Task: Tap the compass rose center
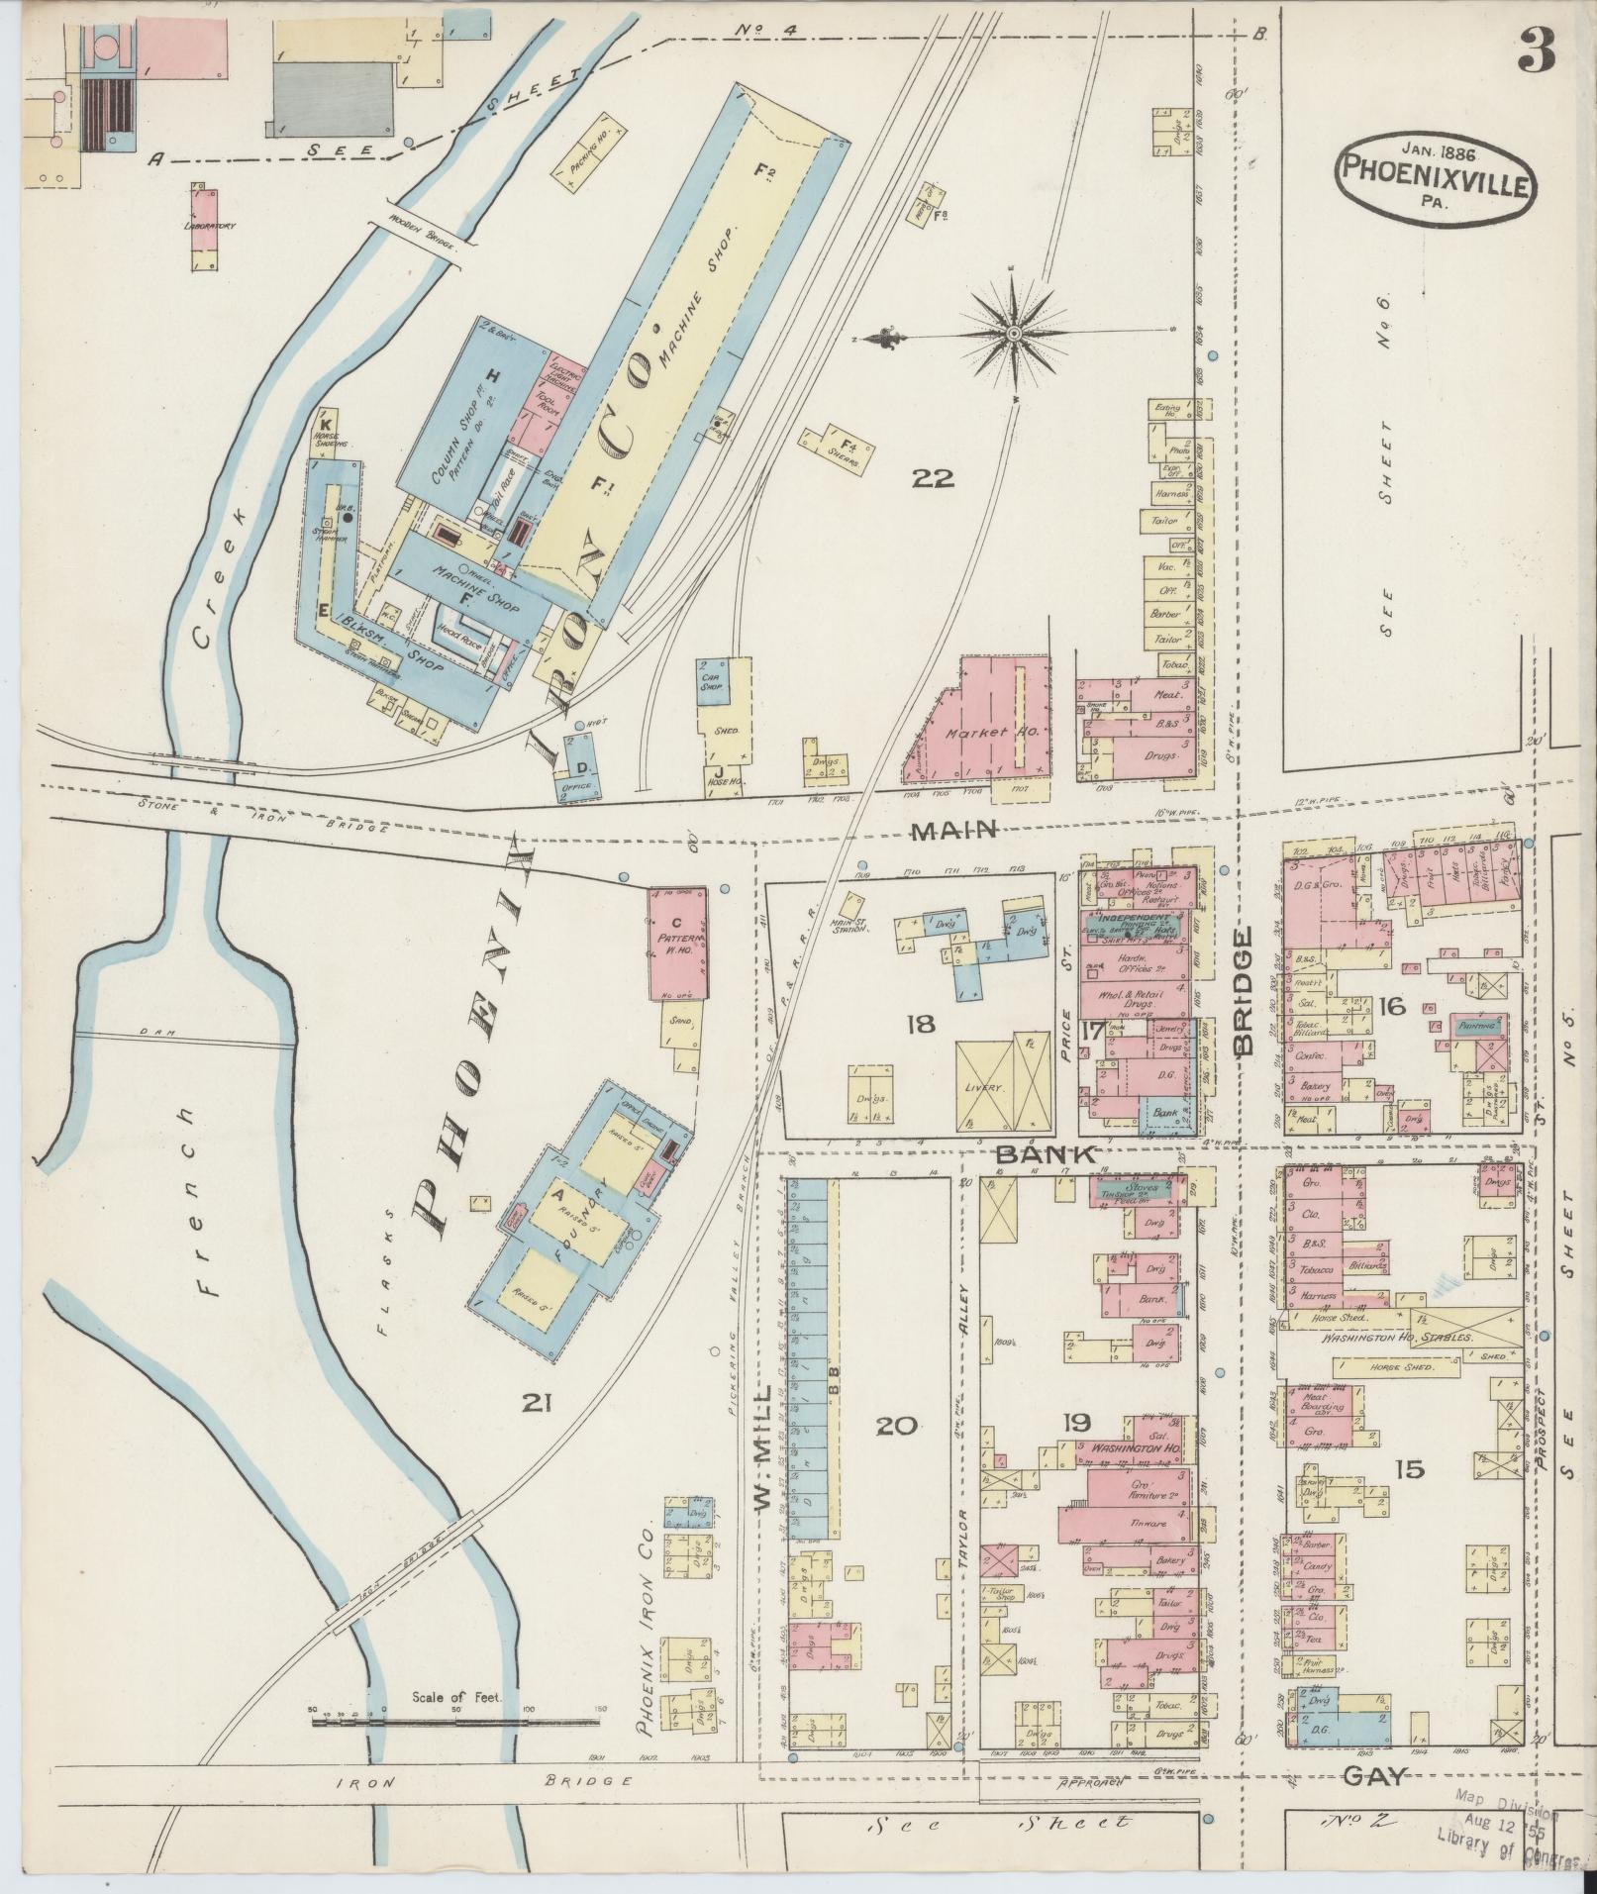pyautogui.click(x=1013, y=337)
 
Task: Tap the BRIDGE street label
pyautogui.click(x=1244, y=990)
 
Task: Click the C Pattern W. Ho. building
pyautogui.click(x=678, y=942)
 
